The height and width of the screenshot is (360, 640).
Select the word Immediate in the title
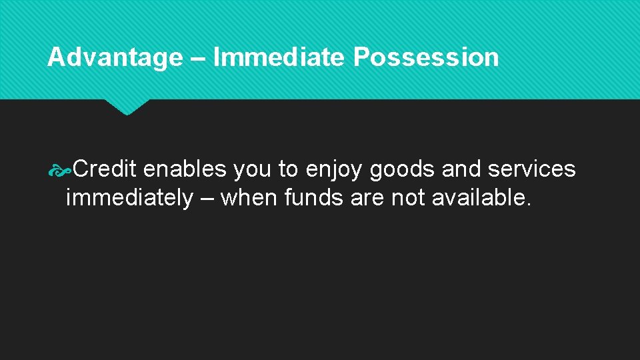point(278,58)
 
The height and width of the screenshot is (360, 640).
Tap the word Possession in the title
point(426,58)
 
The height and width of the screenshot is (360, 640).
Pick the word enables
point(185,169)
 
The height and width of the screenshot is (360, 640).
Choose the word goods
point(403,169)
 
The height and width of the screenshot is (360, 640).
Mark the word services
point(531,169)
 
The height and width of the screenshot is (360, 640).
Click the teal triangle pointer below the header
point(127,107)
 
